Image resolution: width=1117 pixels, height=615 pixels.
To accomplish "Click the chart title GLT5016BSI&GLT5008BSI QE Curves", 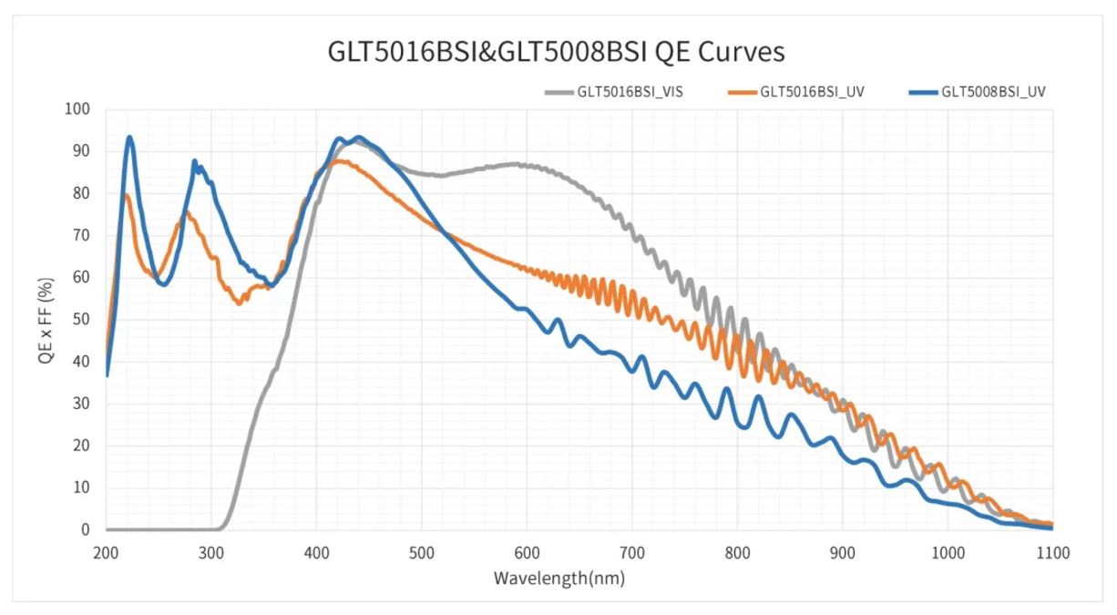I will [x=556, y=52].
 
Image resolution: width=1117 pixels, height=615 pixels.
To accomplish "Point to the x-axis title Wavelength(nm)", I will [x=559, y=578].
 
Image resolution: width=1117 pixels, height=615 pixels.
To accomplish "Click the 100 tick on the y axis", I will [x=79, y=109].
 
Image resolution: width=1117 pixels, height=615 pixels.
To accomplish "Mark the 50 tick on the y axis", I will [x=83, y=320].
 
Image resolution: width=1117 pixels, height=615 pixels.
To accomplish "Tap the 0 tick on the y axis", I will [x=87, y=529].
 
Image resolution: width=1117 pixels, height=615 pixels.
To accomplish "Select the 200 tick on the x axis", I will [x=107, y=552].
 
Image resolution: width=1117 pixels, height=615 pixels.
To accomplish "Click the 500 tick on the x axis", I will [x=422, y=552].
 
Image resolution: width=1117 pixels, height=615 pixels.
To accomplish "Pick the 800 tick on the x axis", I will [x=737, y=552].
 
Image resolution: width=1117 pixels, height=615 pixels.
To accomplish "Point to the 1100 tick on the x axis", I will [x=1051, y=552].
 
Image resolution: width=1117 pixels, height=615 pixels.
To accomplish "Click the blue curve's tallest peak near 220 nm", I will [x=129, y=138].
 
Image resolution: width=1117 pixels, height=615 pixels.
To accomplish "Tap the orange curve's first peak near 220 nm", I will [x=127, y=195].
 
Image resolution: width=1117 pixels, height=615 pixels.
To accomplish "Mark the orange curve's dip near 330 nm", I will [x=240, y=302].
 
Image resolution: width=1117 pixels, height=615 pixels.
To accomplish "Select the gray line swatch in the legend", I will [x=558, y=91].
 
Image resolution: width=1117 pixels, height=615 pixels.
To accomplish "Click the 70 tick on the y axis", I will [x=83, y=235].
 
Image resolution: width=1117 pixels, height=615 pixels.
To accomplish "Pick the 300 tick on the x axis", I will [x=211, y=552].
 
